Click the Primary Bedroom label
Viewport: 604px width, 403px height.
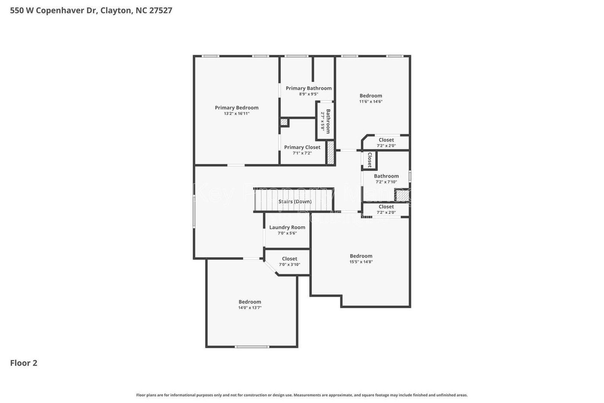[x=237, y=108]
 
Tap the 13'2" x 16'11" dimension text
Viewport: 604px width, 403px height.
[x=237, y=114]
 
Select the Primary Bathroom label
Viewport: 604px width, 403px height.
[x=308, y=88]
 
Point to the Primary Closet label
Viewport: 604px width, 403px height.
[x=302, y=147]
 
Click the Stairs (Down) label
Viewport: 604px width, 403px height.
[x=295, y=202]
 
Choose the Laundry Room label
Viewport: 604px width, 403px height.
[x=287, y=227]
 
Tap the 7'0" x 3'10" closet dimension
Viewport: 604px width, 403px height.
[x=290, y=265]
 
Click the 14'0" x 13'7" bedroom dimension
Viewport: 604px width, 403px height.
[x=250, y=308]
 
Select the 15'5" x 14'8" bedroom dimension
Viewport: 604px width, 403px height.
[x=361, y=262]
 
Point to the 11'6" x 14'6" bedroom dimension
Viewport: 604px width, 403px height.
[x=371, y=102]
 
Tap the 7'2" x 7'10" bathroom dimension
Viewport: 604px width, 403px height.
[x=386, y=182]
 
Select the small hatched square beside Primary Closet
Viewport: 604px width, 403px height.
[x=284, y=122]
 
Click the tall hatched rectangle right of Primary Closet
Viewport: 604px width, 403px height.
[x=331, y=153]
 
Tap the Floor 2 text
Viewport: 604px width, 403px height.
[x=23, y=363]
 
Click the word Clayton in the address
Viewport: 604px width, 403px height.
[x=116, y=11]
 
